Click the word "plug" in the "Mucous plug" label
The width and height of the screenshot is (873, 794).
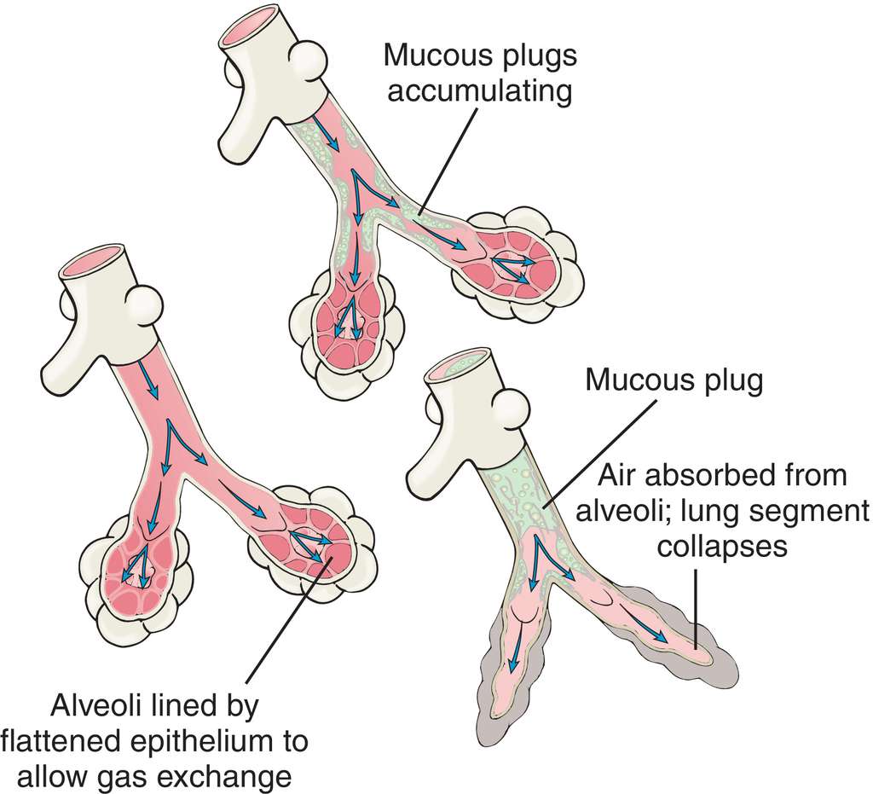point(727,381)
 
